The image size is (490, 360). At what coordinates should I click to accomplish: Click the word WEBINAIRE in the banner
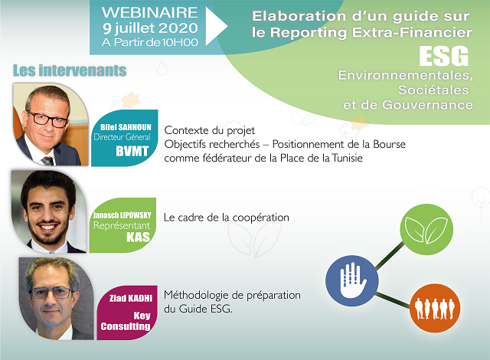click(149, 12)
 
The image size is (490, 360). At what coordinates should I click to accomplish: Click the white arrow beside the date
click(217, 25)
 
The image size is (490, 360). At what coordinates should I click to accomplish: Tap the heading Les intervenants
click(70, 70)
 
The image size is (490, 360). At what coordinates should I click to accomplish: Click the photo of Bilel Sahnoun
click(47, 123)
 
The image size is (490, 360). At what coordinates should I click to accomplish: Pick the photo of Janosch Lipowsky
click(46, 211)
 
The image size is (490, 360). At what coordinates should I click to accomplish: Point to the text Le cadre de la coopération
click(227, 218)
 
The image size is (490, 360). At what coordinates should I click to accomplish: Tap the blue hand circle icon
click(347, 276)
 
